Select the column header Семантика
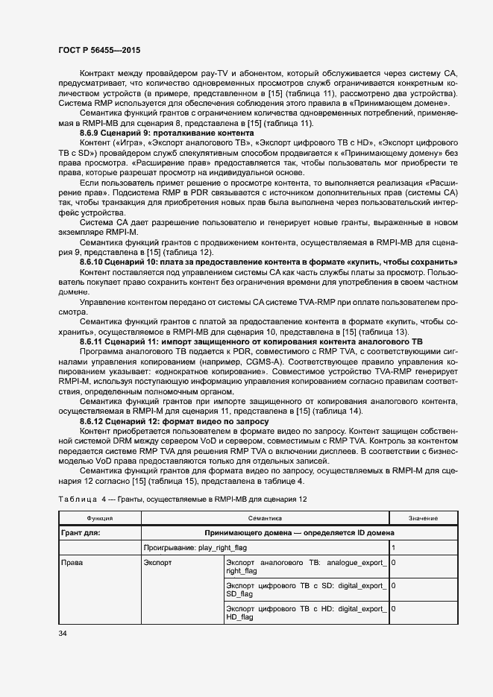pyautogui.click(x=264, y=517)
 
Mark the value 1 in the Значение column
pyautogui.click(x=393, y=548)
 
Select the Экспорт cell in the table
pyautogui.click(x=160, y=563)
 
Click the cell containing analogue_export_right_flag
pyautogui.click(x=306, y=567)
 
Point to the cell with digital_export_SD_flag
pyautogui.click(x=306, y=590)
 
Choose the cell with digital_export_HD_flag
pyautogui.click(x=306, y=613)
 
